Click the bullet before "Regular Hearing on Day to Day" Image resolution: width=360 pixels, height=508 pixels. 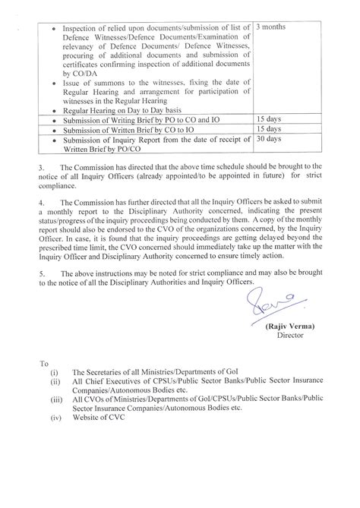pyautogui.click(x=51, y=110)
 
